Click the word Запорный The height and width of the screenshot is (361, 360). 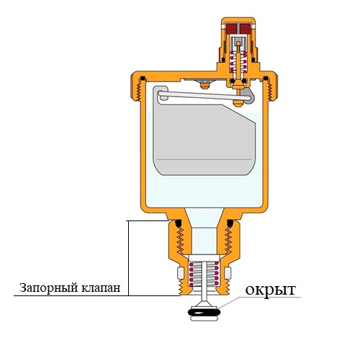pyautogui.click(x=49, y=288)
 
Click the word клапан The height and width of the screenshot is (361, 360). pyautogui.click(x=101, y=288)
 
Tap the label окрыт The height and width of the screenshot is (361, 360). pyautogui.click(x=271, y=290)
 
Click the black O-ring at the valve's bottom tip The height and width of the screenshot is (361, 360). pyautogui.click(x=204, y=312)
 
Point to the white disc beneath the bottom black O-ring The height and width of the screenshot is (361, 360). pyautogui.click(x=204, y=318)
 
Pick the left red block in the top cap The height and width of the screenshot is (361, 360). pyautogui.click(x=232, y=28)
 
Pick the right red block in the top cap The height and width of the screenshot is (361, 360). pyautogui.click(x=245, y=28)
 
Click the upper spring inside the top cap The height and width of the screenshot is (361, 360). pyautogui.click(x=238, y=62)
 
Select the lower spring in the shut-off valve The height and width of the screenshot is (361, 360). pyautogui.click(x=204, y=275)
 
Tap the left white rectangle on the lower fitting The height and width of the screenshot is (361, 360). pyautogui.click(x=181, y=273)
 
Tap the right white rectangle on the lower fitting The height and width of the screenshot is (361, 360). pyautogui.click(x=228, y=273)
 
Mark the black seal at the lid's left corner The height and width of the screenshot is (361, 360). pyautogui.click(x=143, y=79)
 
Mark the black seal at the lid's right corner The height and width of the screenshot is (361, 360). pyautogui.click(x=266, y=79)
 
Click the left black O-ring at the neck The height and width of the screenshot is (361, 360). pyautogui.click(x=178, y=223)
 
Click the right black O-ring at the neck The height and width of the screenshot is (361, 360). pyautogui.click(x=230, y=223)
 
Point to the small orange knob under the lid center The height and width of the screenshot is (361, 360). pyautogui.click(x=204, y=85)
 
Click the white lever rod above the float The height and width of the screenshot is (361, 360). pyautogui.click(x=204, y=96)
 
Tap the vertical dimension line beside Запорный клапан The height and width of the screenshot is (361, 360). pyautogui.click(x=128, y=258)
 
